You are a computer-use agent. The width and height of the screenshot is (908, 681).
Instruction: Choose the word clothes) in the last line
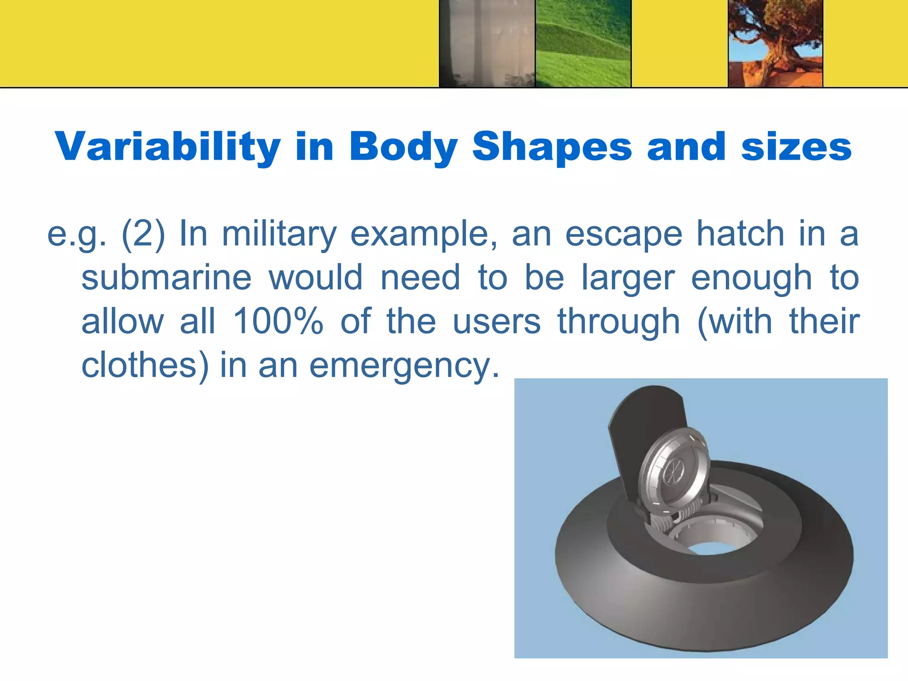click(145, 365)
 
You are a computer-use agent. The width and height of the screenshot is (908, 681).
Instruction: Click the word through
click(618, 322)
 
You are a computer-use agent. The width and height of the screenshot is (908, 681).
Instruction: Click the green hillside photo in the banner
click(583, 43)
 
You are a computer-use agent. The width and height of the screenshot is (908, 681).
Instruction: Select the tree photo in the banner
click(775, 43)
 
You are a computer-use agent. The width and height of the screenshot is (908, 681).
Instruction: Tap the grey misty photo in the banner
click(487, 43)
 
